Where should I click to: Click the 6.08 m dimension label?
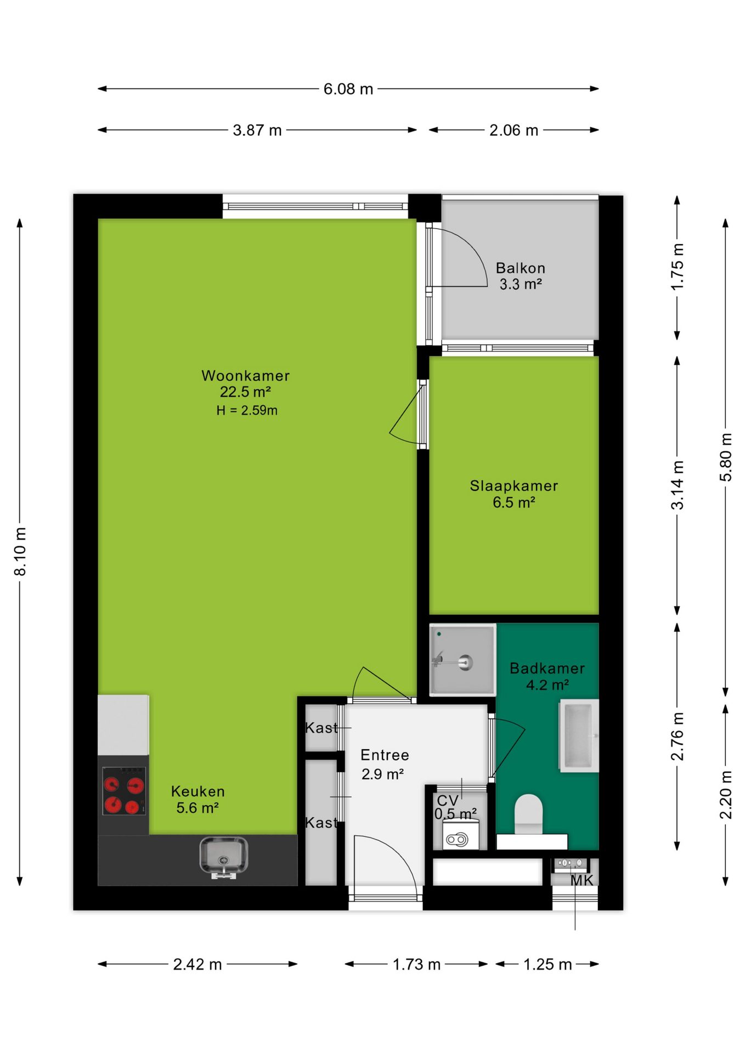click(348, 89)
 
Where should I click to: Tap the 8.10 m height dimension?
click(20, 551)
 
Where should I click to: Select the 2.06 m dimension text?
click(513, 131)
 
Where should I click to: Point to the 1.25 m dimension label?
click(548, 964)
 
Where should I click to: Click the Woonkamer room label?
click(245, 376)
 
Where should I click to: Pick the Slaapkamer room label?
click(514, 486)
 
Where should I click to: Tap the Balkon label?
click(521, 268)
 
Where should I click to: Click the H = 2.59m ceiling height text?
click(247, 410)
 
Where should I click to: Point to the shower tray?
click(462, 660)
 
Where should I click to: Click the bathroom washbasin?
click(579, 735)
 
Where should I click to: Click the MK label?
click(582, 880)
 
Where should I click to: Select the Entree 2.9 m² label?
click(384, 765)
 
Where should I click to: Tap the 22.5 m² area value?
click(245, 392)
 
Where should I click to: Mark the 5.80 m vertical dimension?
click(726, 457)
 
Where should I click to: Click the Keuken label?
click(198, 791)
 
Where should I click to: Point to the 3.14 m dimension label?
click(678, 485)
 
